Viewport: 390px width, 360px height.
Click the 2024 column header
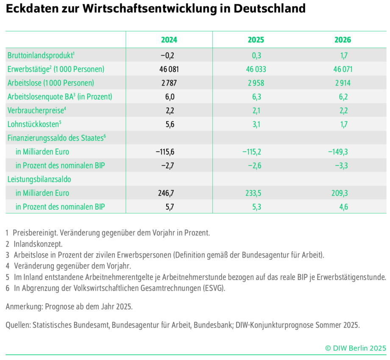pyautogui.click(x=169, y=40)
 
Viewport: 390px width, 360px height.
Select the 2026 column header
pyautogui.click(x=343, y=40)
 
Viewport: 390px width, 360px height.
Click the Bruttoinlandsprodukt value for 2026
pyautogui.click(x=343, y=55)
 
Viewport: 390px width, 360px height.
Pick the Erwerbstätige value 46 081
pyautogui.click(x=169, y=69)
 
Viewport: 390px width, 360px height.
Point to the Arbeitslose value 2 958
pyautogui.click(x=256, y=83)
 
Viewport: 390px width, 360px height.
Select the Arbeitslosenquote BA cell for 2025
pyautogui.click(x=256, y=97)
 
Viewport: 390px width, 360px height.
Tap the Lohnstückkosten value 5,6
pyautogui.click(x=169, y=124)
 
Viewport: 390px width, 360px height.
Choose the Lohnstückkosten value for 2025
pyautogui.click(x=256, y=124)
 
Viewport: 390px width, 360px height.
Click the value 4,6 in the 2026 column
pyautogui.click(x=343, y=207)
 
